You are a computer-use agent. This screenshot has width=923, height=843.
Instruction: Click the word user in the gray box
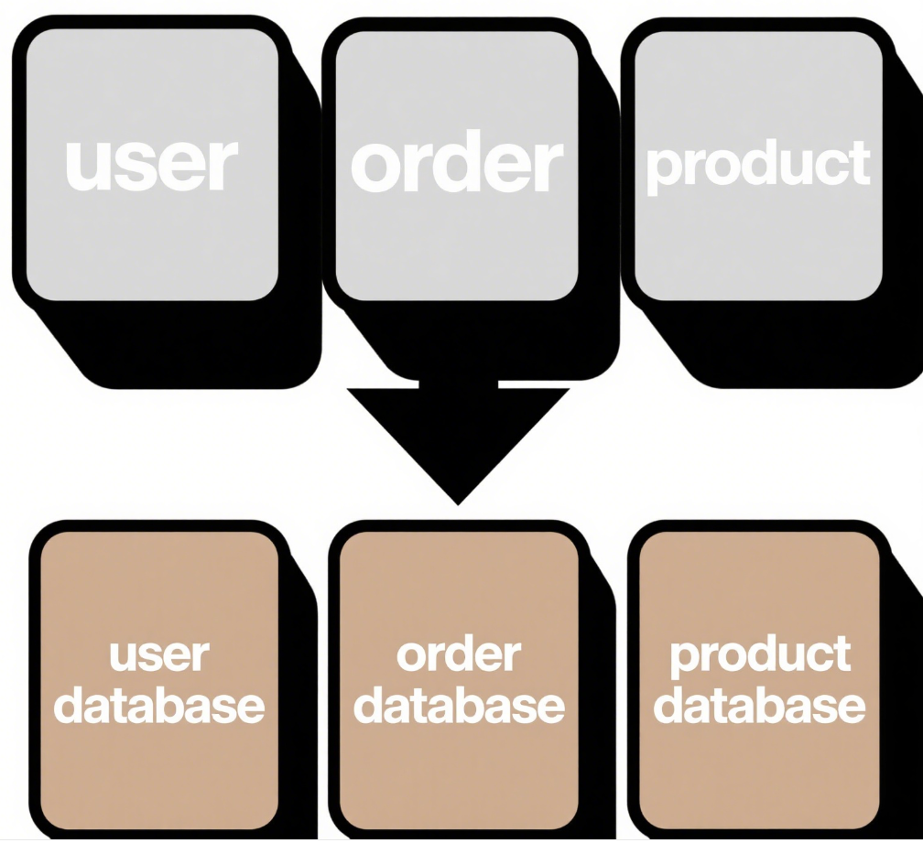coord(151,164)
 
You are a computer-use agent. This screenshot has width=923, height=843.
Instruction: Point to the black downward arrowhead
coord(458,439)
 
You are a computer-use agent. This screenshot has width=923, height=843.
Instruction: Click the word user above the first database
coord(158,656)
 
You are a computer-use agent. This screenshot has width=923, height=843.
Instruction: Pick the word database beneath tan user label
coord(158,706)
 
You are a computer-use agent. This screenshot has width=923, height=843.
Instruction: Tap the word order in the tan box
coord(459,655)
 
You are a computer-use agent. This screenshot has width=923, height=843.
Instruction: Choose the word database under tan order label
coord(459,706)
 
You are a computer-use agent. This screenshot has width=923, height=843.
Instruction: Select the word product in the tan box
coord(760,655)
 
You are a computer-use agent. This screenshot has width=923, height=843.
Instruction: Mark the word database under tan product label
coord(760,706)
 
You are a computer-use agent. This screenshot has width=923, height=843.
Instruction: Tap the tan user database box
coord(158,778)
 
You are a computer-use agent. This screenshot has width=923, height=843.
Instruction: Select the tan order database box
coord(459,778)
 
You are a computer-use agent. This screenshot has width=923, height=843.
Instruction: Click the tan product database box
coord(760,778)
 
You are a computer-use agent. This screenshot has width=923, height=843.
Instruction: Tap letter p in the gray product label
coord(661,169)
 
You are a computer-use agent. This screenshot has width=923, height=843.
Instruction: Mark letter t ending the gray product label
coord(859,164)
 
